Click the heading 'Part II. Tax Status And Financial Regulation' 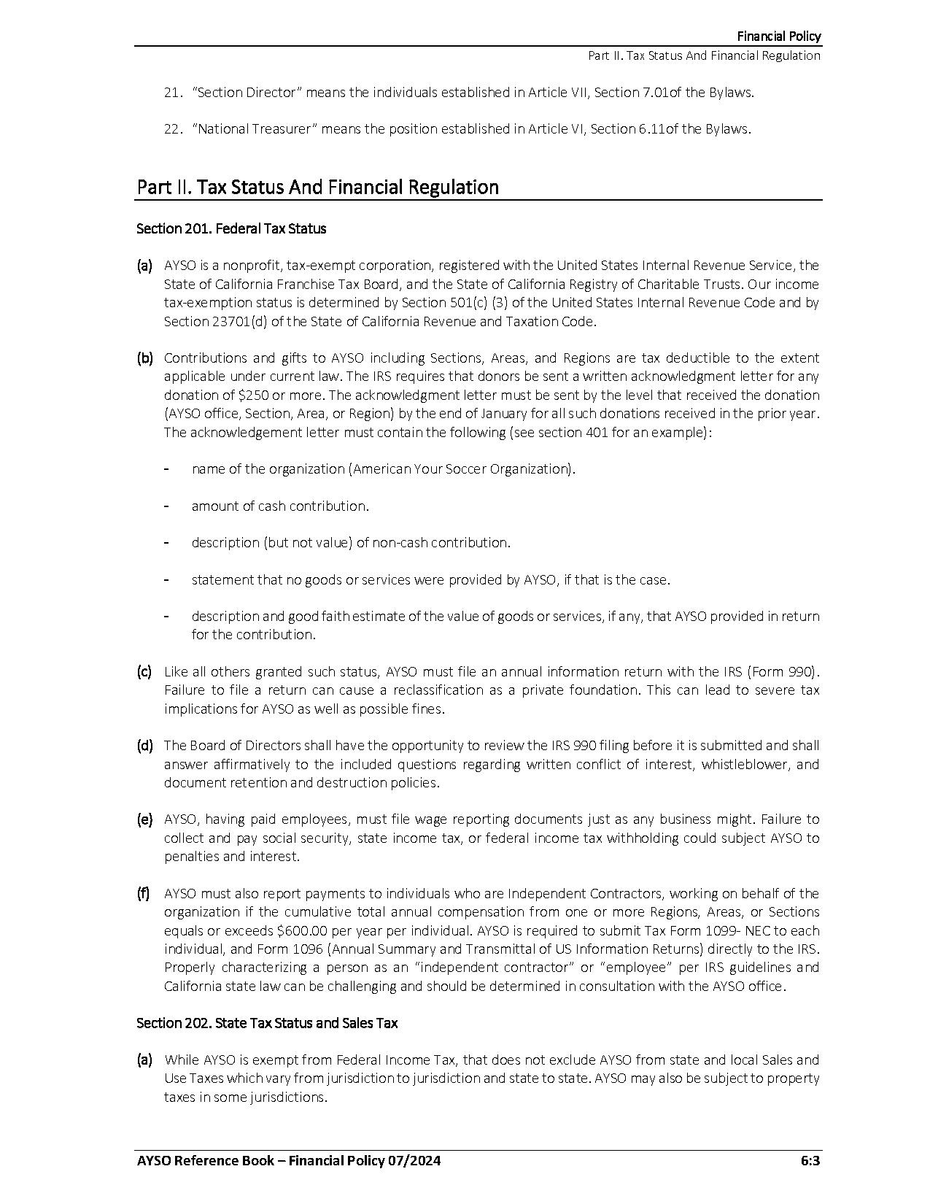(x=317, y=188)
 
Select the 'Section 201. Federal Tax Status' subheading (x=231, y=228)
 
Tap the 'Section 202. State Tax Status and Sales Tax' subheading (x=267, y=1023)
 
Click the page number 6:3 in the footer (x=810, y=1161)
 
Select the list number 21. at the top (x=172, y=93)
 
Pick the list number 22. (x=172, y=129)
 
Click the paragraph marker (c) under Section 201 (x=144, y=671)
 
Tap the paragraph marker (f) (x=144, y=893)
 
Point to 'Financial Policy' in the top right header (x=778, y=36)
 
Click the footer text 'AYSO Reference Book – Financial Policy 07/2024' (x=288, y=1161)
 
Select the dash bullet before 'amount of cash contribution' (x=167, y=506)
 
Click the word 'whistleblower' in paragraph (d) (x=744, y=764)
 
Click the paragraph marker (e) (x=144, y=819)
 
